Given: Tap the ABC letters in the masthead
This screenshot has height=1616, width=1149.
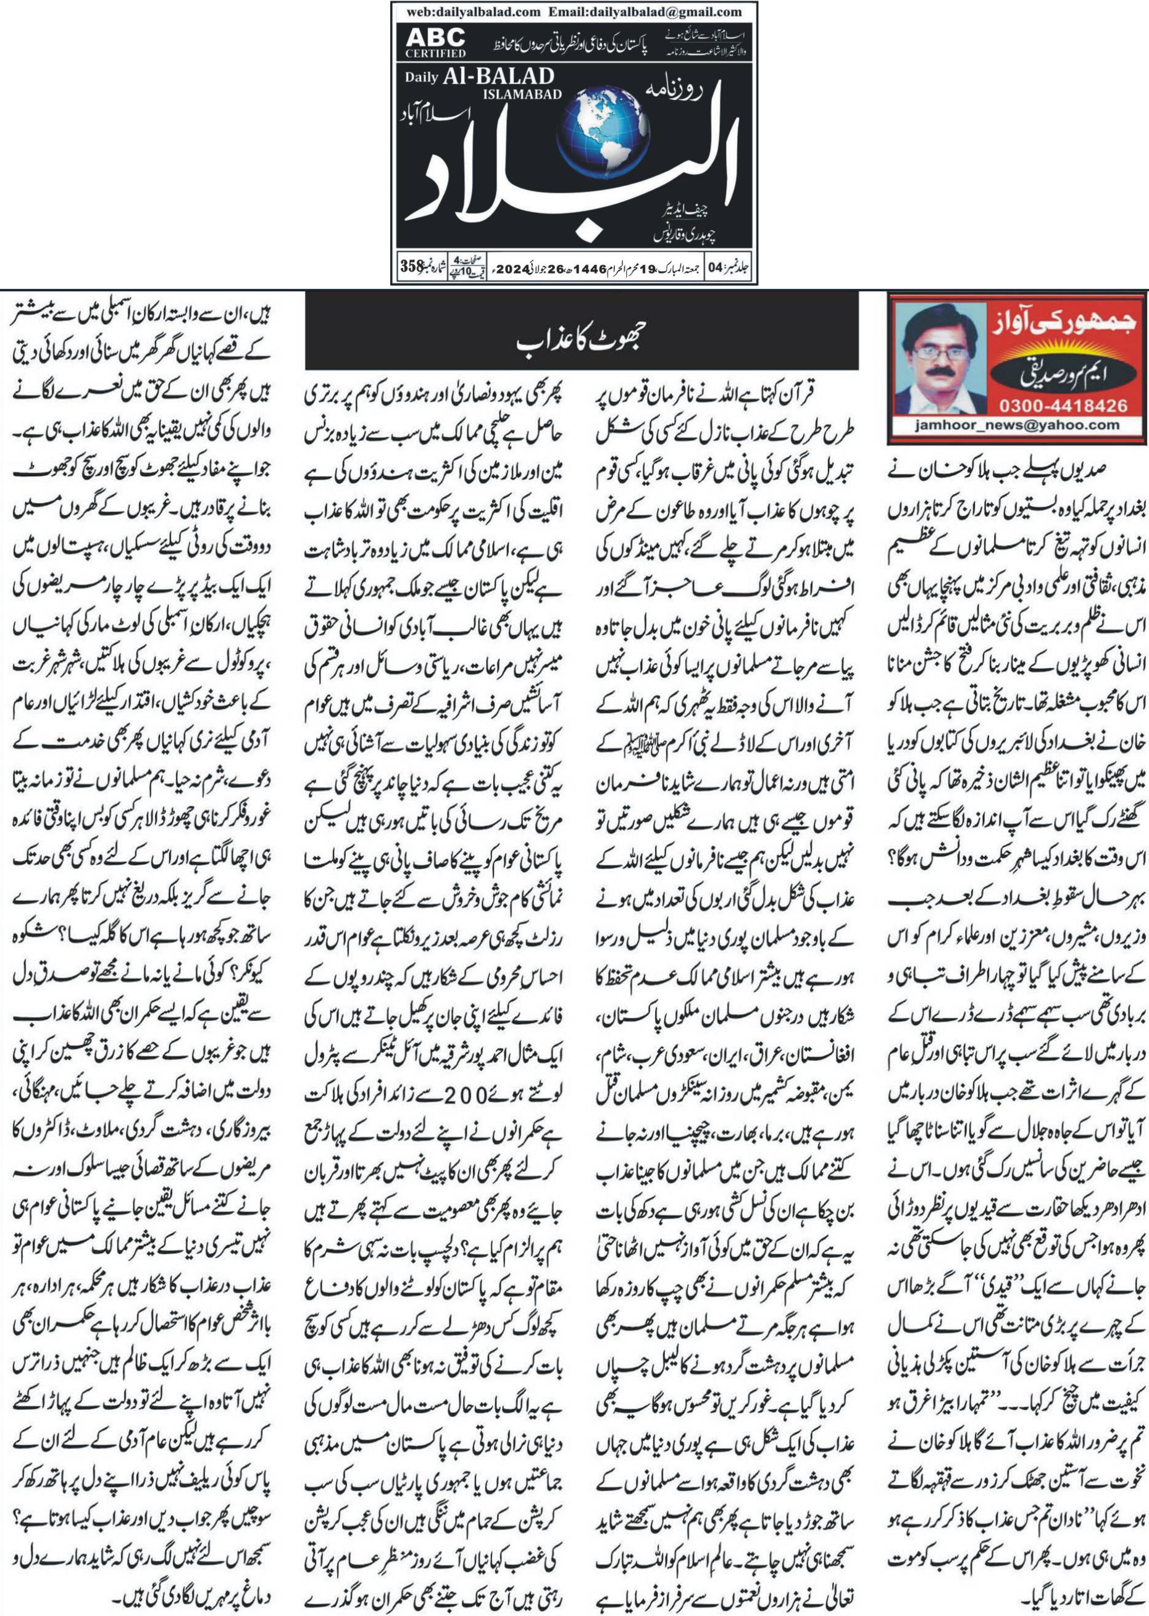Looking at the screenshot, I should (x=436, y=37).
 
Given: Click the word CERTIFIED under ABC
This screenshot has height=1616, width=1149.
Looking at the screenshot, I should (x=436, y=53).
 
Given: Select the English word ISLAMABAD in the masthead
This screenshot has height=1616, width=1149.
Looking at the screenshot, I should (x=522, y=94).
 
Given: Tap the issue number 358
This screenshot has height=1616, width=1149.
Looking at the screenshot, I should (x=412, y=267).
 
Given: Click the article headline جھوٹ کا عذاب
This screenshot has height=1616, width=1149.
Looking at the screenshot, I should (x=581, y=341).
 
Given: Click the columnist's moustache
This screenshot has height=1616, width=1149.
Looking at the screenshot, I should (x=937, y=372).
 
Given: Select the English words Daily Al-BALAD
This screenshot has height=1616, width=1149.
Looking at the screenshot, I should (x=479, y=77).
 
